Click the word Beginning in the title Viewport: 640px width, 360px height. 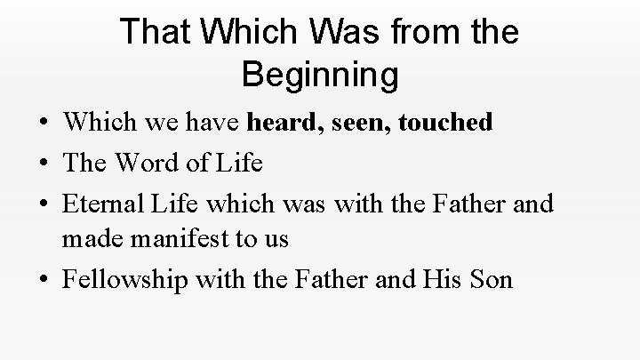320,75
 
